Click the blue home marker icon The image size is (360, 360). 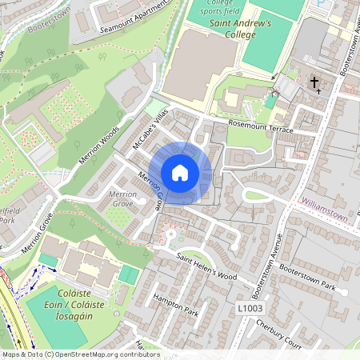(180, 172)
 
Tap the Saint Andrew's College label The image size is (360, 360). (241, 29)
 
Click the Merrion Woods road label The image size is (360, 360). (99, 143)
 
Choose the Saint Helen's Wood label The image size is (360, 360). (207, 265)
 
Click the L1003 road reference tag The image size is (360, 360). (250, 306)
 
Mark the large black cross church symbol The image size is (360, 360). (314, 82)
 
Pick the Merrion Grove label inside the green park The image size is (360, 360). (122, 199)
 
